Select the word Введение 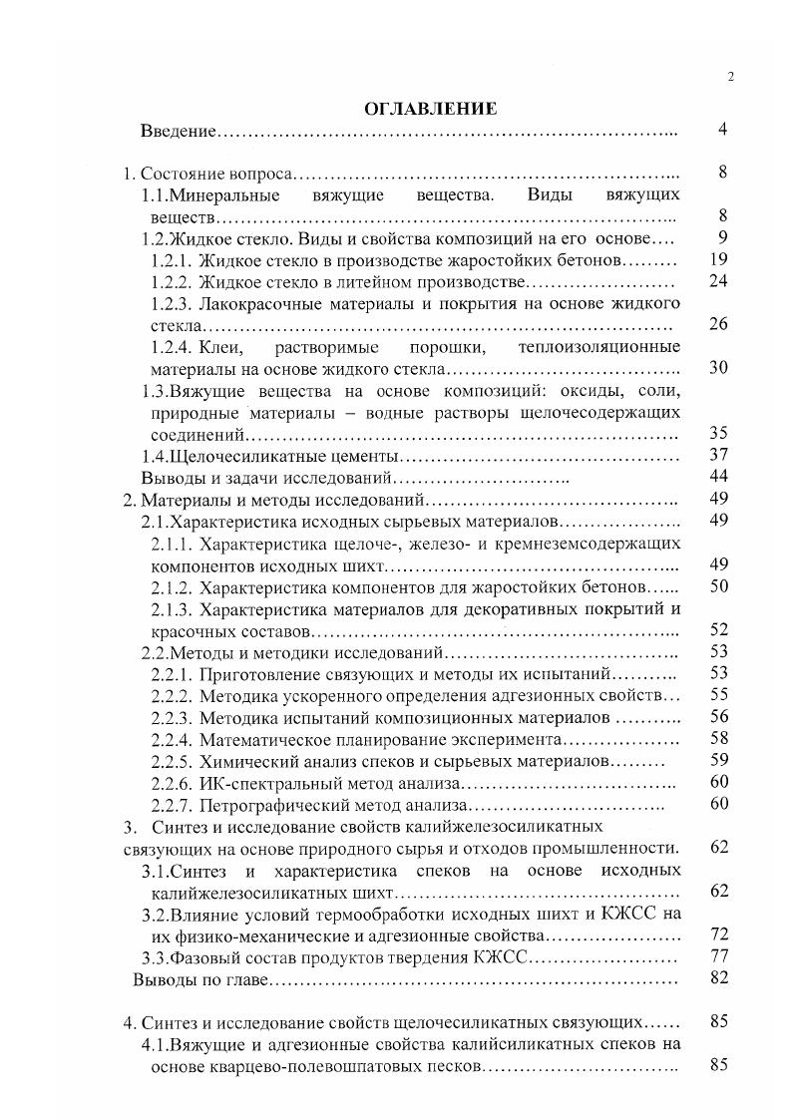pos(178,132)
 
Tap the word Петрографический pos(264,805)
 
